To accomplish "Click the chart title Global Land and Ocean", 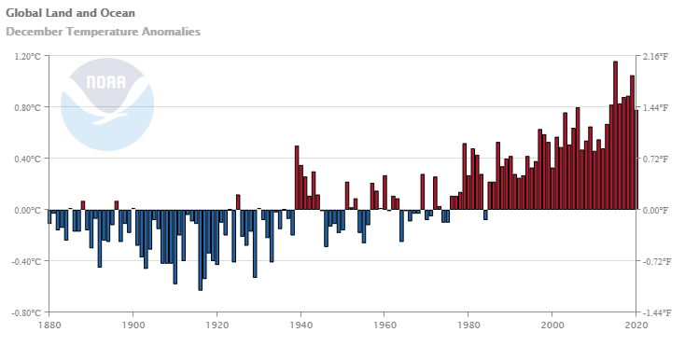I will [x=70, y=13].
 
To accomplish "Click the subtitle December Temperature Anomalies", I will [x=103, y=32].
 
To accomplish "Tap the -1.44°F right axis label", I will [x=658, y=312].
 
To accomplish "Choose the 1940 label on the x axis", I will [x=301, y=325].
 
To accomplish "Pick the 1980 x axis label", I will [x=468, y=325].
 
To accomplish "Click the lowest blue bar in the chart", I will [x=200, y=250].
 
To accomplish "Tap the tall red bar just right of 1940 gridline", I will [x=297, y=177].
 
